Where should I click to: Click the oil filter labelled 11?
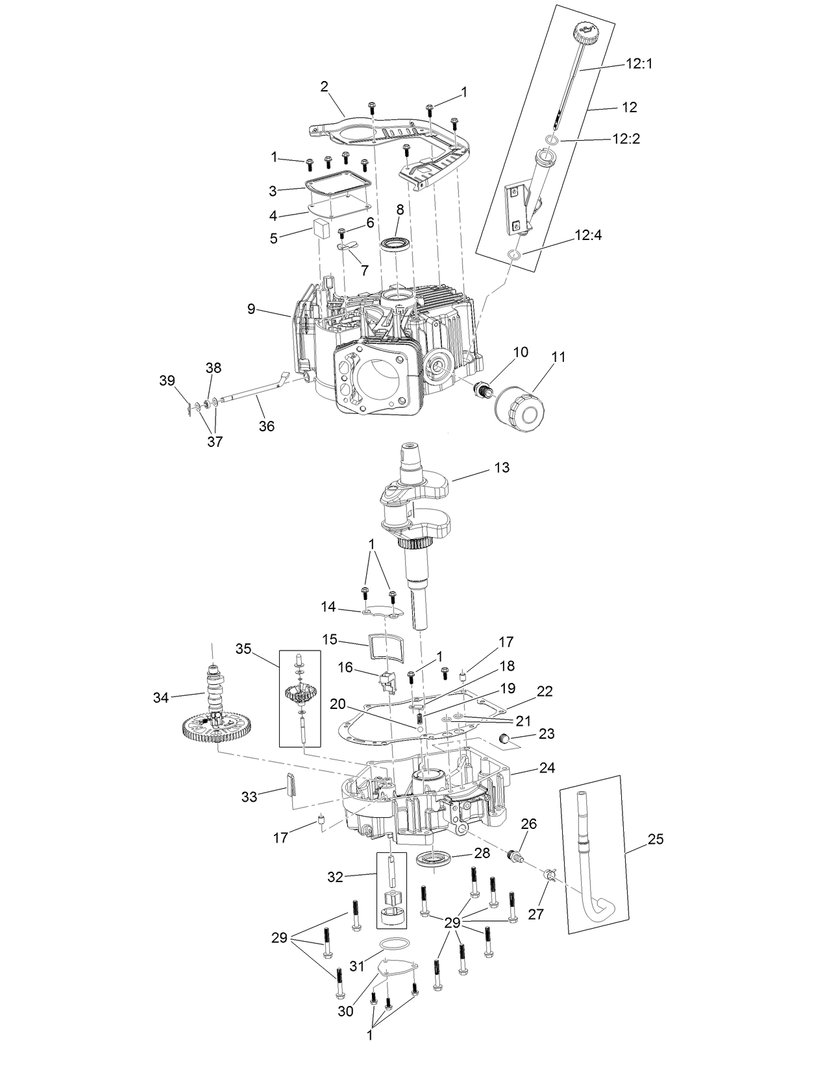520,410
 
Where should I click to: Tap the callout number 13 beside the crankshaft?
501,467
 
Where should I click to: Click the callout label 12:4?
588,235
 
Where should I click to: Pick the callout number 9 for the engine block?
251,309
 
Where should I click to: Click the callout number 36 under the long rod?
267,426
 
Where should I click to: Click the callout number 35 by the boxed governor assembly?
243,648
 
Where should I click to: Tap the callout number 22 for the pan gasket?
545,691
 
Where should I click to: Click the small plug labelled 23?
505,739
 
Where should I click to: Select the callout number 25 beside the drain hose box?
656,839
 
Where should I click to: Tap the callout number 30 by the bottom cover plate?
346,1011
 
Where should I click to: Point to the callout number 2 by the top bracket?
325,86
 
